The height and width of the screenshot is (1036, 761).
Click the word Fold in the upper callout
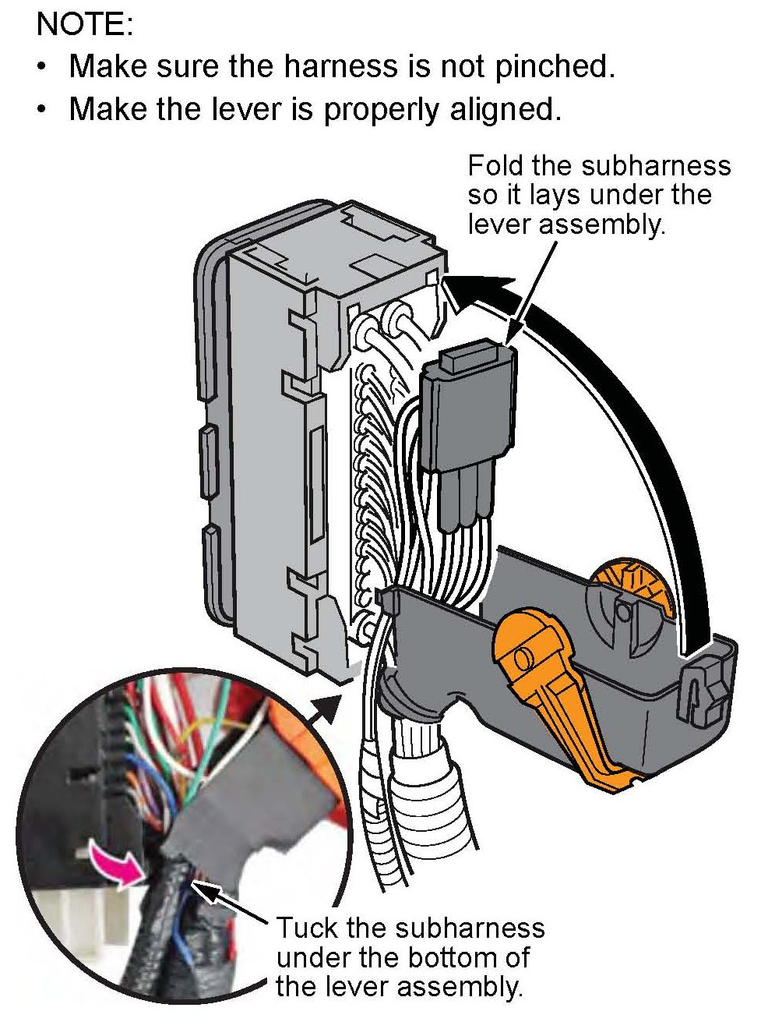click(x=495, y=165)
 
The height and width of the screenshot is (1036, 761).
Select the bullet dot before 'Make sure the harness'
click(x=43, y=67)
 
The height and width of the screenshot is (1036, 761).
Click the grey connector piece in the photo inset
click(x=234, y=811)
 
